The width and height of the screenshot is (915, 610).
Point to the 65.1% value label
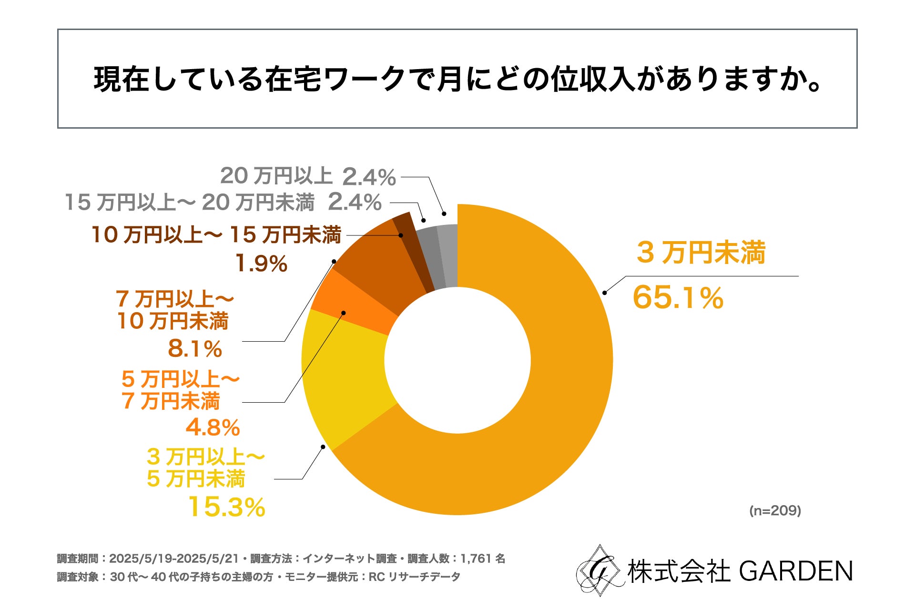pos(678,297)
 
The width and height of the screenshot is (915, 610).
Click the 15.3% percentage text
pos(226,507)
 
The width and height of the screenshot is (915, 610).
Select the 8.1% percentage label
pos(195,349)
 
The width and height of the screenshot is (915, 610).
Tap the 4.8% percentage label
pos(213,427)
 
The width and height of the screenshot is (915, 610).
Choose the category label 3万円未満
pos(701,253)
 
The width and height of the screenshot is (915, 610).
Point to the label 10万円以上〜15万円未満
pos(216,235)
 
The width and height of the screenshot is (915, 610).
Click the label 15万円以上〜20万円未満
pos(190,203)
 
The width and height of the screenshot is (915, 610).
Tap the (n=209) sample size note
pos(775,511)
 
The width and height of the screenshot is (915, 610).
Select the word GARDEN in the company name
pos(796,571)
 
